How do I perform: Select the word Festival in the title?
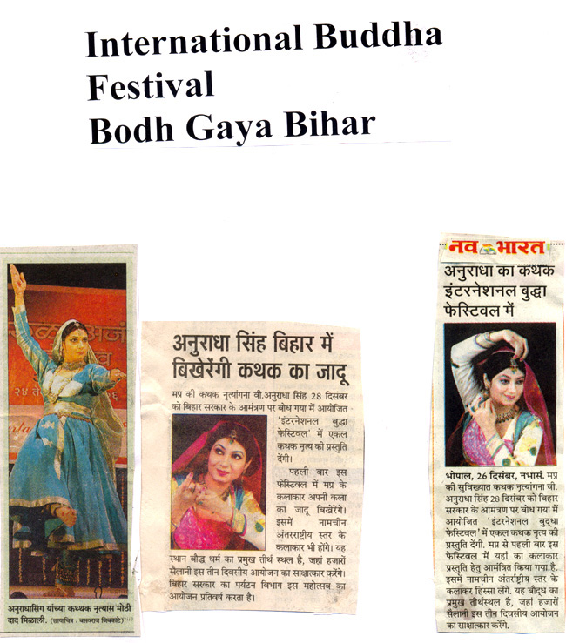click(150, 86)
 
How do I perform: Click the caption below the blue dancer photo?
click(68, 610)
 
